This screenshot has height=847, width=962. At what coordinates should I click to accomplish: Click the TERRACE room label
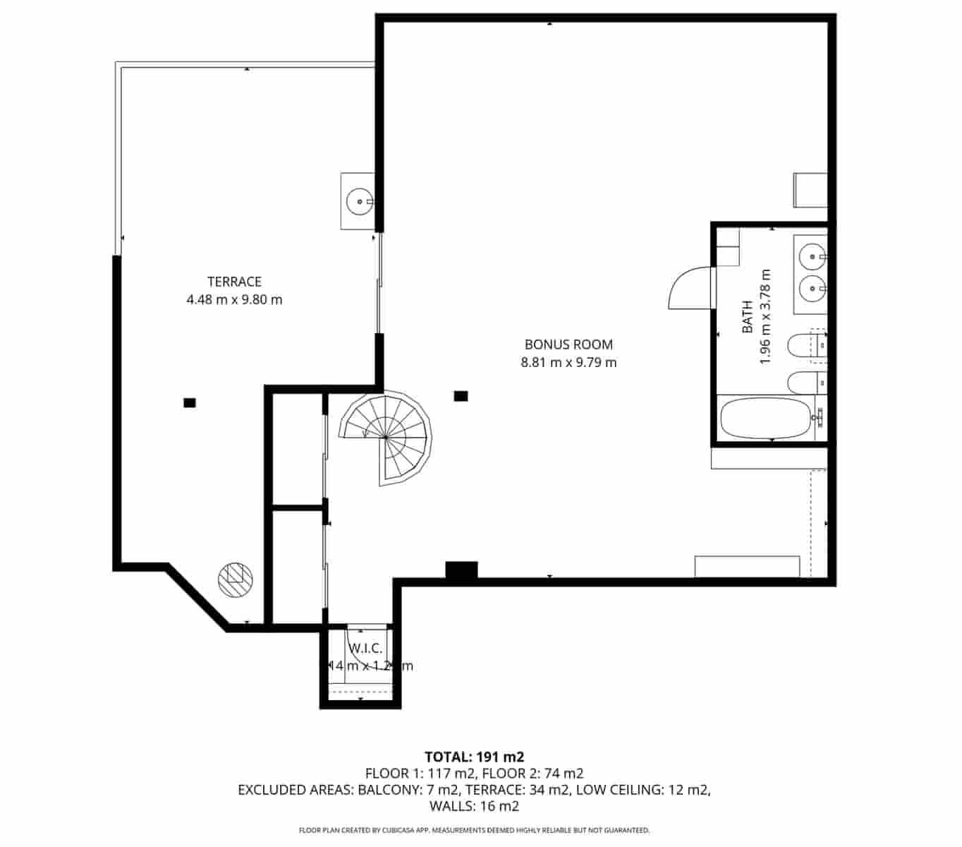(234, 282)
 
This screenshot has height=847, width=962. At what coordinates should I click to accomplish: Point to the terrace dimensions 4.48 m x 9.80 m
(234, 299)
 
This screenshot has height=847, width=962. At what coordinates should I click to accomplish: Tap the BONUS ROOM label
(568, 344)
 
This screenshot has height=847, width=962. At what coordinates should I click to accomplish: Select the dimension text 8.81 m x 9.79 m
(568, 363)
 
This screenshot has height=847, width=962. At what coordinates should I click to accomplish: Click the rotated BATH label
(748, 317)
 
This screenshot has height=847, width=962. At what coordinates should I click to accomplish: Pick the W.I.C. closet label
(365, 649)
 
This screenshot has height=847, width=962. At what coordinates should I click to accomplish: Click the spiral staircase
(385, 438)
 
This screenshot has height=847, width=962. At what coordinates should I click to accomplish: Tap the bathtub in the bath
(766, 418)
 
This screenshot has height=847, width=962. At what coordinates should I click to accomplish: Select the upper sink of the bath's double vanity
(812, 256)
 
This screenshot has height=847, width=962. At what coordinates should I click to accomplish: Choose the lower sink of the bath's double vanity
(812, 287)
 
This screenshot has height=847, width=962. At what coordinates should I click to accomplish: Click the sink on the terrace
(360, 201)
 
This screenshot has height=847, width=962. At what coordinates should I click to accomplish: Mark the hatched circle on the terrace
(236, 579)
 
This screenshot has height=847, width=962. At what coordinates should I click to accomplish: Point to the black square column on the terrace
(189, 403)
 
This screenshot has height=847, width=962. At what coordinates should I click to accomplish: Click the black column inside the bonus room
(461, 396)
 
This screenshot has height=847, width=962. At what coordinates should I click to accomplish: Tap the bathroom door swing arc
(688, 287)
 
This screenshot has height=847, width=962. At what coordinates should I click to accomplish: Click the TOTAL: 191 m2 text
(474, 757)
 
